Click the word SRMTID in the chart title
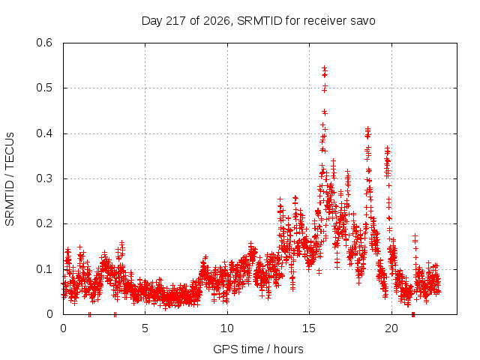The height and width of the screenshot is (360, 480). pos(259,21)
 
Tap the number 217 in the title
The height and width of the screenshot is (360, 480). pos(175,21)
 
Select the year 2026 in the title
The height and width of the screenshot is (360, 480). pos(217,22)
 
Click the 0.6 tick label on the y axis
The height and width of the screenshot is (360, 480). pos(44,43)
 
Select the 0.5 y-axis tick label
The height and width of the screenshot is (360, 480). pos(44,88)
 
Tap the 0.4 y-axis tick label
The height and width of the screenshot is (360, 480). pos(44,133)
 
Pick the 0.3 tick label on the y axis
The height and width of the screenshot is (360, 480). pos(44,178)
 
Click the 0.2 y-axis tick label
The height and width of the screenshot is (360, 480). pos(44,223)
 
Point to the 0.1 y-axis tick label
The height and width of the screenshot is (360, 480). pos(44,269)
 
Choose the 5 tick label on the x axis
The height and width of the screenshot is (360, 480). pos(145,328)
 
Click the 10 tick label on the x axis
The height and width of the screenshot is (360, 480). pos(227,328)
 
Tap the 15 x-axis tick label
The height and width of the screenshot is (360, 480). pos(309,328)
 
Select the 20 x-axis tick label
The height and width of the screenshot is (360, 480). pos(391,328)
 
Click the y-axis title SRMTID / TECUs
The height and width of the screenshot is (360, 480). pos(10,179)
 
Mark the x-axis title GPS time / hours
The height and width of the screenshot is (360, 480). pos(258,349)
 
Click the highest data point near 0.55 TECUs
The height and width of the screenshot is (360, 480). pos(324,67)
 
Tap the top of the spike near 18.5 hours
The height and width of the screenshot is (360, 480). pos(367,128)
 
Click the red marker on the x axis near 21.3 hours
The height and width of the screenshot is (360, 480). pos(413,314)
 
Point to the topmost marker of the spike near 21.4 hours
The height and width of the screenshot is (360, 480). pos(415,235)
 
